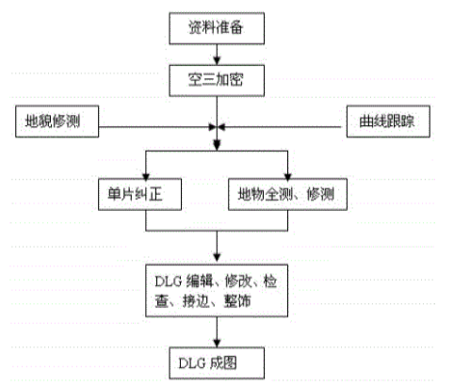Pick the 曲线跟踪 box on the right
(x=385, y=123)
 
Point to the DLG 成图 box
(x=218, y=362)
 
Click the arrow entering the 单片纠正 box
(x=146, y=170)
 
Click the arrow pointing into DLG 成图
(x=218, y=332)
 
